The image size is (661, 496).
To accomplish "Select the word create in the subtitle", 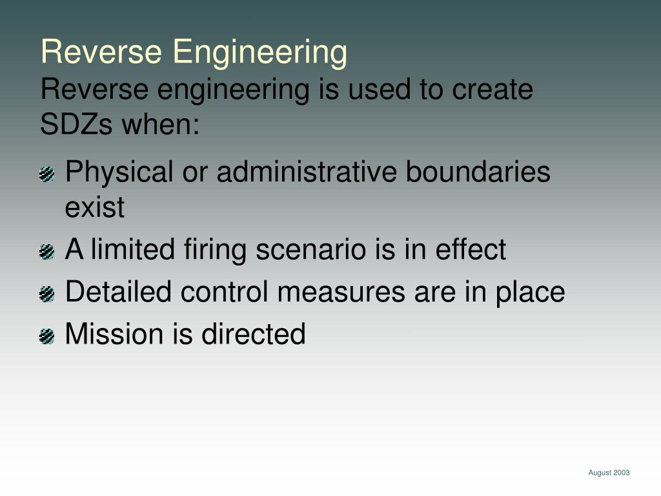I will click(x=493, y=90).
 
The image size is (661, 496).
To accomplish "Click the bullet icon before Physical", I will click(x=46, y=174).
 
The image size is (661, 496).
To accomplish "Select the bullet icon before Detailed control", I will click(x=46, y=294).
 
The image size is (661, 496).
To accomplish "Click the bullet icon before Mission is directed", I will click(x=46, y=336).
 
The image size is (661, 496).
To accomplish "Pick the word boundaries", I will click(x=478, y=173).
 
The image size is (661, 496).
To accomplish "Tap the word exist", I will click(x=94, y=208).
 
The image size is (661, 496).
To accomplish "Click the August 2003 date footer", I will click(x=609, y=473).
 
